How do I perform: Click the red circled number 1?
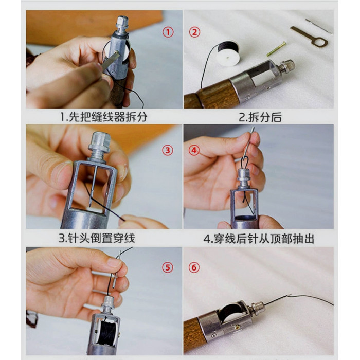click(x=168, y=32)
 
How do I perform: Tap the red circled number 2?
click(x=194, y=32)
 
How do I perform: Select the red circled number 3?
click(x=168, y=150)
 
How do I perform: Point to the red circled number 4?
click(x=194, y=150)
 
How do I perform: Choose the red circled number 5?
click(x=168, y=267)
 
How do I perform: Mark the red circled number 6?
click(x=194, y=267)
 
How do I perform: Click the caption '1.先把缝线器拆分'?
click(x=103, y=117)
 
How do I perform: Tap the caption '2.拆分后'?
click(x=260, y=117)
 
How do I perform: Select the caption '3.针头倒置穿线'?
click(x=97, y=238)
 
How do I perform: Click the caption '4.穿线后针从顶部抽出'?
click(x=259, y=239)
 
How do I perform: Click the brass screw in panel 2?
click(x=277, y=49)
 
